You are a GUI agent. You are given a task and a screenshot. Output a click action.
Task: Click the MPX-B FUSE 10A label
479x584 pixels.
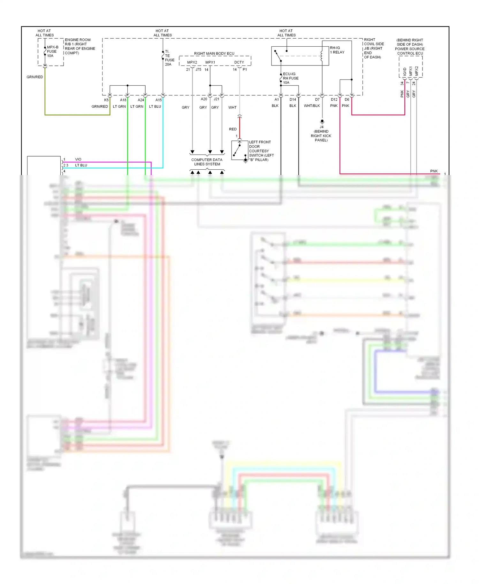pos(52,51)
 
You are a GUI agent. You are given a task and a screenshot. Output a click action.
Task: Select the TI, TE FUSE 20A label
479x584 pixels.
pos(169,58)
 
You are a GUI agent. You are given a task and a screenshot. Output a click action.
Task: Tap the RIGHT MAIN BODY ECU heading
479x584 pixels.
pos(214,53)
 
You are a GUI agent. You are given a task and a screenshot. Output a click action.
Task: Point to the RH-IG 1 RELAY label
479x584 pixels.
pos(337,50)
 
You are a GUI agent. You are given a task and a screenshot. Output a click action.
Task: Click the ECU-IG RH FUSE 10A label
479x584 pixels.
pos(290,78)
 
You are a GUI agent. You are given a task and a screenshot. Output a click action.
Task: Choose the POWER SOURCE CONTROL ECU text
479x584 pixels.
pos(410,51)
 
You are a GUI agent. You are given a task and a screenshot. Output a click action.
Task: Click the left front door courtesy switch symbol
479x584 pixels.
pos(240,150)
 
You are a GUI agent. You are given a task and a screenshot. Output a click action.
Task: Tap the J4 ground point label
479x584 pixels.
pos(321,134)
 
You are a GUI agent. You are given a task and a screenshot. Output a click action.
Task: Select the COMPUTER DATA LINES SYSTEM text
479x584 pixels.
pos(207,162)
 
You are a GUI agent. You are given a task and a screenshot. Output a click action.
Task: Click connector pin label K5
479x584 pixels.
pos(106,100)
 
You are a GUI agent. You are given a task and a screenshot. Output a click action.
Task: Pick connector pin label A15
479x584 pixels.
pos(158,100)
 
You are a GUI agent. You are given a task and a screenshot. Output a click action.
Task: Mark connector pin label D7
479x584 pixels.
pos(317,100)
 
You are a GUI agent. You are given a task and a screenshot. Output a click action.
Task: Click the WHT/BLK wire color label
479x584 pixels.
pos(312,106)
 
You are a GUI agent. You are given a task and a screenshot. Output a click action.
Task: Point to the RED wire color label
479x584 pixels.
pos(233,129)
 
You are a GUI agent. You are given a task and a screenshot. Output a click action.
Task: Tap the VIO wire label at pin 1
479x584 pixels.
pos(78,159)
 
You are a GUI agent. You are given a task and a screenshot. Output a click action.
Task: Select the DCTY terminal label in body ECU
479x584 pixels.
pos(239,62)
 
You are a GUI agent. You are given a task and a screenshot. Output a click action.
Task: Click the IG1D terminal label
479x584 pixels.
pos(405,71)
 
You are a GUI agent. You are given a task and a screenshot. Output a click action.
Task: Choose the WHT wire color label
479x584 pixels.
pos(232,108)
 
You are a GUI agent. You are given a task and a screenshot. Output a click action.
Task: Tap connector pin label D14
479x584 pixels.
pos(293,100)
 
